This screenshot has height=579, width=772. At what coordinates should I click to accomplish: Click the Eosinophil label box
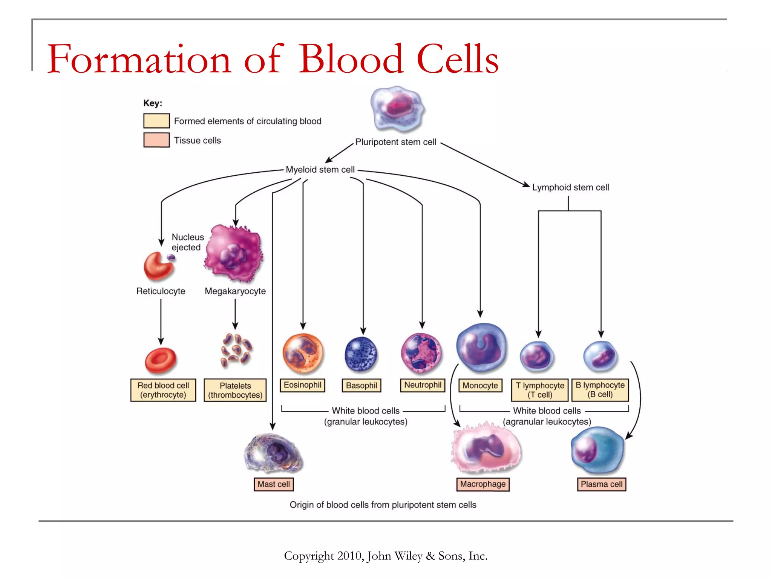[x=302, y=385]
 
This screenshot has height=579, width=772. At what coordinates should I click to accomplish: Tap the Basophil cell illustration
[x=361, y=354]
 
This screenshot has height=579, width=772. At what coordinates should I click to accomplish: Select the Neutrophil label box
[x=423, y=385]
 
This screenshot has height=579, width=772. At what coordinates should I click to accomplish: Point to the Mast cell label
[x=274, y=484]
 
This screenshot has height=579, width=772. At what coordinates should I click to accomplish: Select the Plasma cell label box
[x=601, y=484]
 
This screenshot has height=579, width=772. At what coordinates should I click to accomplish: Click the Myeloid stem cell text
[x=320, y=170]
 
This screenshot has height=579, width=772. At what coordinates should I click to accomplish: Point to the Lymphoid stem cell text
[x=570, y=187]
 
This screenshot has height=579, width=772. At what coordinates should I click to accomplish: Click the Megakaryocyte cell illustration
[x=234, y=254]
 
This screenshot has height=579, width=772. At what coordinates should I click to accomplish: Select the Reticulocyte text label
[x=161, y=291]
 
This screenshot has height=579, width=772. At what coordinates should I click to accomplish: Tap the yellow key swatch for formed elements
[x=156, y=121]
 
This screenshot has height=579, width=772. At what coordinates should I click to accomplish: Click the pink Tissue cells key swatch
[x=156, y=140]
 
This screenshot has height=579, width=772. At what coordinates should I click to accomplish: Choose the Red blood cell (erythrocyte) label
[x=163, y=390]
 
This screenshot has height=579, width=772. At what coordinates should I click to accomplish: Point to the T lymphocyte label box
[x=539, y=390]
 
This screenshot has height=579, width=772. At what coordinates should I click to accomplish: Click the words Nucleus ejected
[x=187, y=242]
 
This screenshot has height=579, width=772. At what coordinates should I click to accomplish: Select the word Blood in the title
[x=351, y=59]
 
